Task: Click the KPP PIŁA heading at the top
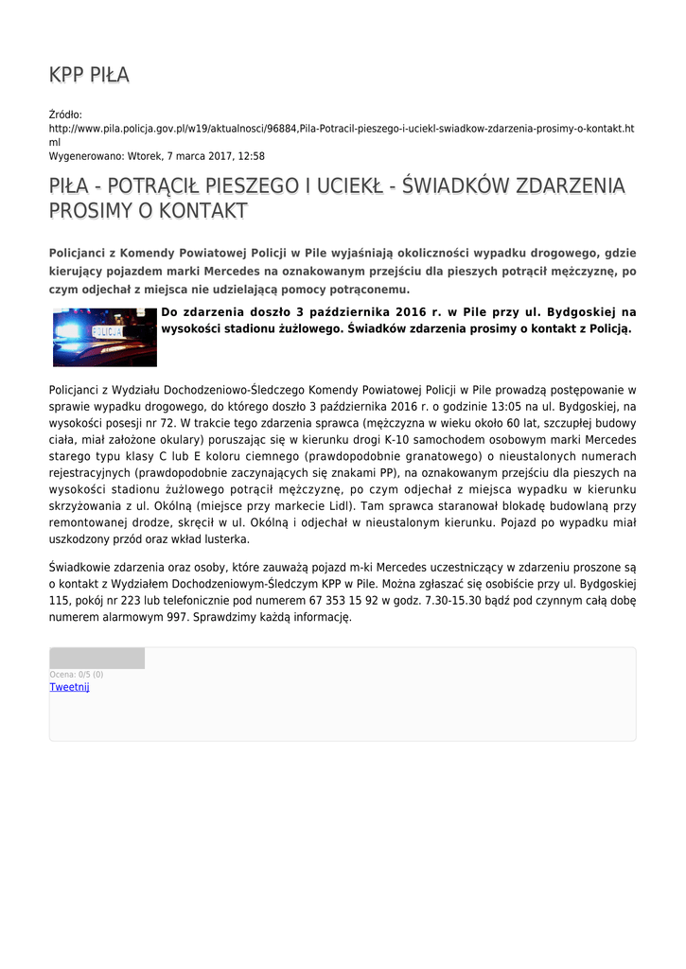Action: [89, 75]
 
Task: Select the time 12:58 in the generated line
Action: [251, 156]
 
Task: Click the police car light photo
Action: [104, 337]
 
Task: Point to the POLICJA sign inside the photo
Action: [106, 333]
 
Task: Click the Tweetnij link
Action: [69, 687]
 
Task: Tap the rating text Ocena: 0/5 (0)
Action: [77, 675]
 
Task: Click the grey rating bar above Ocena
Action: [97, 658]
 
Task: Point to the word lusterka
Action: [221, 539]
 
